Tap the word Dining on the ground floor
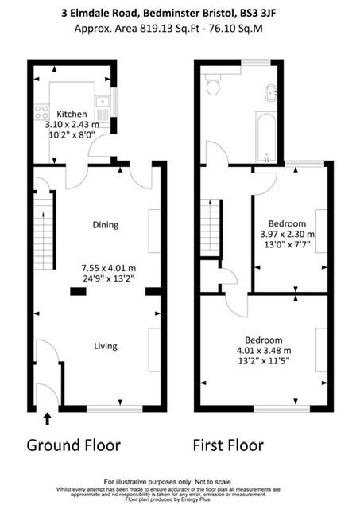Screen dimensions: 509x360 tap(105, 225)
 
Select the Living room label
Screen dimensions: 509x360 tap(105, 346)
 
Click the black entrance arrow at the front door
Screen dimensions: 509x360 tap(47, 417)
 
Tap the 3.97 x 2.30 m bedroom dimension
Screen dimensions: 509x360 tap(288, 235)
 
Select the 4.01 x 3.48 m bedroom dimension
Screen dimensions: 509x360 tap(264, 350)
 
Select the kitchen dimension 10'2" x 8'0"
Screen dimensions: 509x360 tap(71, 136)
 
